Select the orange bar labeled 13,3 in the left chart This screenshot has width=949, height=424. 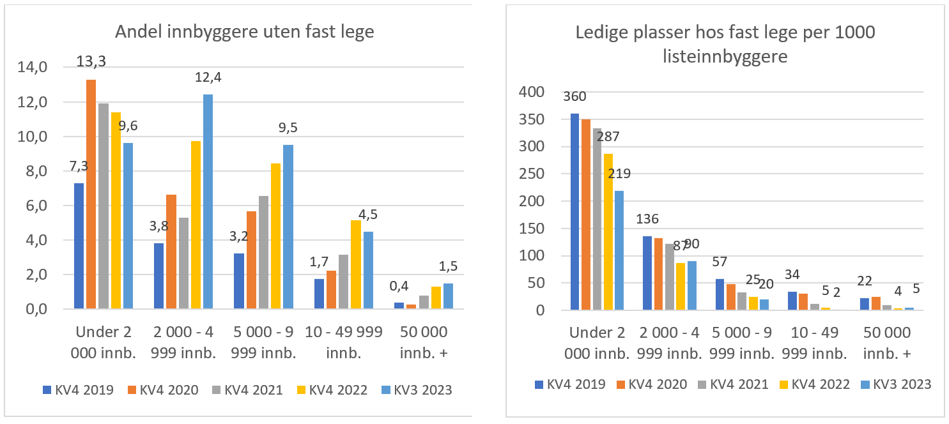(91, 194)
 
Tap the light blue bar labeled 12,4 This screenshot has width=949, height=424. (208, 201)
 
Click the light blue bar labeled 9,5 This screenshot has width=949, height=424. (288, 227)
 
